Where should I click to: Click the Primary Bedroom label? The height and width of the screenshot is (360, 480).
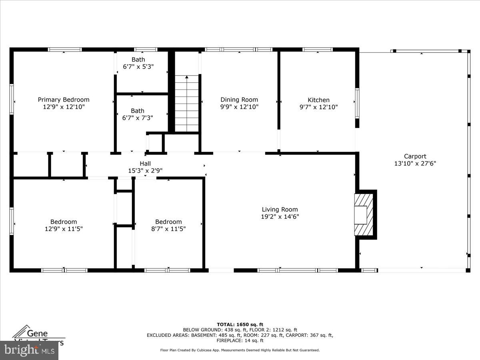pyautogui.click(x=64, y=100)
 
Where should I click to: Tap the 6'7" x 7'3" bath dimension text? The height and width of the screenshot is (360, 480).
pyautogui.click(x=138, y=118)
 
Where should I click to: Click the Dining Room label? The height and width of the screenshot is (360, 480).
pyautogui.click(x=239, y=100)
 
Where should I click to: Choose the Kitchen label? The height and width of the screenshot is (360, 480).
pyautogui.click(x=318, y=100)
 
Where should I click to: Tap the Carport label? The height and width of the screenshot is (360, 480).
pyautogui.click(x=415, y=156)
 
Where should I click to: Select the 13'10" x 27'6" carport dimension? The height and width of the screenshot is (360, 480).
pyautogui.click(x=415, y=164)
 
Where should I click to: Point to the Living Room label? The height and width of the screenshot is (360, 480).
pyautogui.click(x=280, y=209)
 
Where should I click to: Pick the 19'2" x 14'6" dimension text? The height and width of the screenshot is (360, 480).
pyautogui.click(x=280, y=217)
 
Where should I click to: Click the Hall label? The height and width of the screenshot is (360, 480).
pyautogui.click(x=145, y=163)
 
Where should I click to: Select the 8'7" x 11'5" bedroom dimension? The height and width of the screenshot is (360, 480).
pyautogui.click(x=168, y=229)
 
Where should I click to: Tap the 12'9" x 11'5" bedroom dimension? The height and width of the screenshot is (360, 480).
pyautogui.click(x=64, y=229)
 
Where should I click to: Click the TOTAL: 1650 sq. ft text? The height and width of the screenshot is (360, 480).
pyautogui.click(x=240, y=324)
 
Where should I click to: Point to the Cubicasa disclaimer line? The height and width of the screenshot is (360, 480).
pyautogui.click(x=240, y=350)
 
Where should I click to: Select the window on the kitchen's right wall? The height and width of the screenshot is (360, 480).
pyautogui.click(x=357, y=104)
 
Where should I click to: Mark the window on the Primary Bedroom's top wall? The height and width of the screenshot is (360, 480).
pyautogui.click(x=65, y=50)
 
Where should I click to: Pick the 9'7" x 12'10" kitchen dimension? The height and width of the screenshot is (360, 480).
pyautogui.click(x=318, y=107)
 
